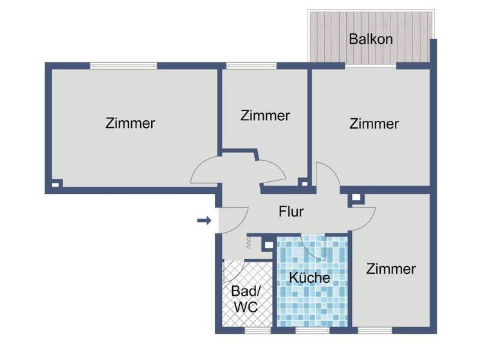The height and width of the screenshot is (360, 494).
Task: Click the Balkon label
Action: click(x=370, y=39)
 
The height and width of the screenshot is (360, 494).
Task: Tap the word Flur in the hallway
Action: click(x=291, y=211)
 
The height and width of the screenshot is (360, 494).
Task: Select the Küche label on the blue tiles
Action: click(x=309, y=278)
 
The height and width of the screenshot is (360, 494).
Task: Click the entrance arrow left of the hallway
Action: click(x=204, y=221)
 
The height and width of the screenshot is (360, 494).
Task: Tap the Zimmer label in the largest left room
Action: click(x=130, y=123)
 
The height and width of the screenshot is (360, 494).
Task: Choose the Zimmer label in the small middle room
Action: click(x=265, y=116)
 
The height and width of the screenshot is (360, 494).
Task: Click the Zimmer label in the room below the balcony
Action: click(x=374, y=123)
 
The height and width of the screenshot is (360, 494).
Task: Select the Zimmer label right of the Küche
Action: click(x=391, y=269)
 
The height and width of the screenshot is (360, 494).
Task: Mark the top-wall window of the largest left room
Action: click(x=123, y=66)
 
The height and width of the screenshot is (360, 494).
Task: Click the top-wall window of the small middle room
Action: click(x=251, y=66)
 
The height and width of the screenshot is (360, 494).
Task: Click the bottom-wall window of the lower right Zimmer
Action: click(x=374, y=330)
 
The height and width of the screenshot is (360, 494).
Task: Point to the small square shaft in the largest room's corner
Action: click(x=57, y=184)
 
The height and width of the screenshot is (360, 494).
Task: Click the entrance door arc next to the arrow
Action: click(x=235, y=220)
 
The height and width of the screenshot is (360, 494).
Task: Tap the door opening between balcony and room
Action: click(x=370, y=66)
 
